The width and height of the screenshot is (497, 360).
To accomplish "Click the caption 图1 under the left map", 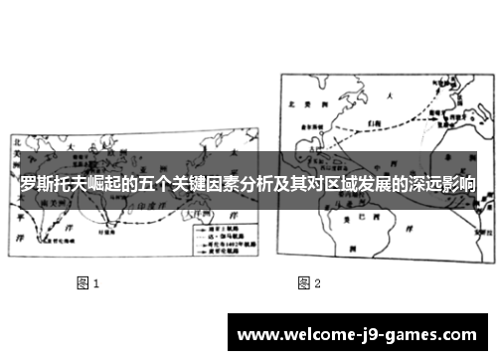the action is [88, 283].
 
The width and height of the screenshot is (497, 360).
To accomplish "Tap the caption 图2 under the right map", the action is [309, 283].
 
